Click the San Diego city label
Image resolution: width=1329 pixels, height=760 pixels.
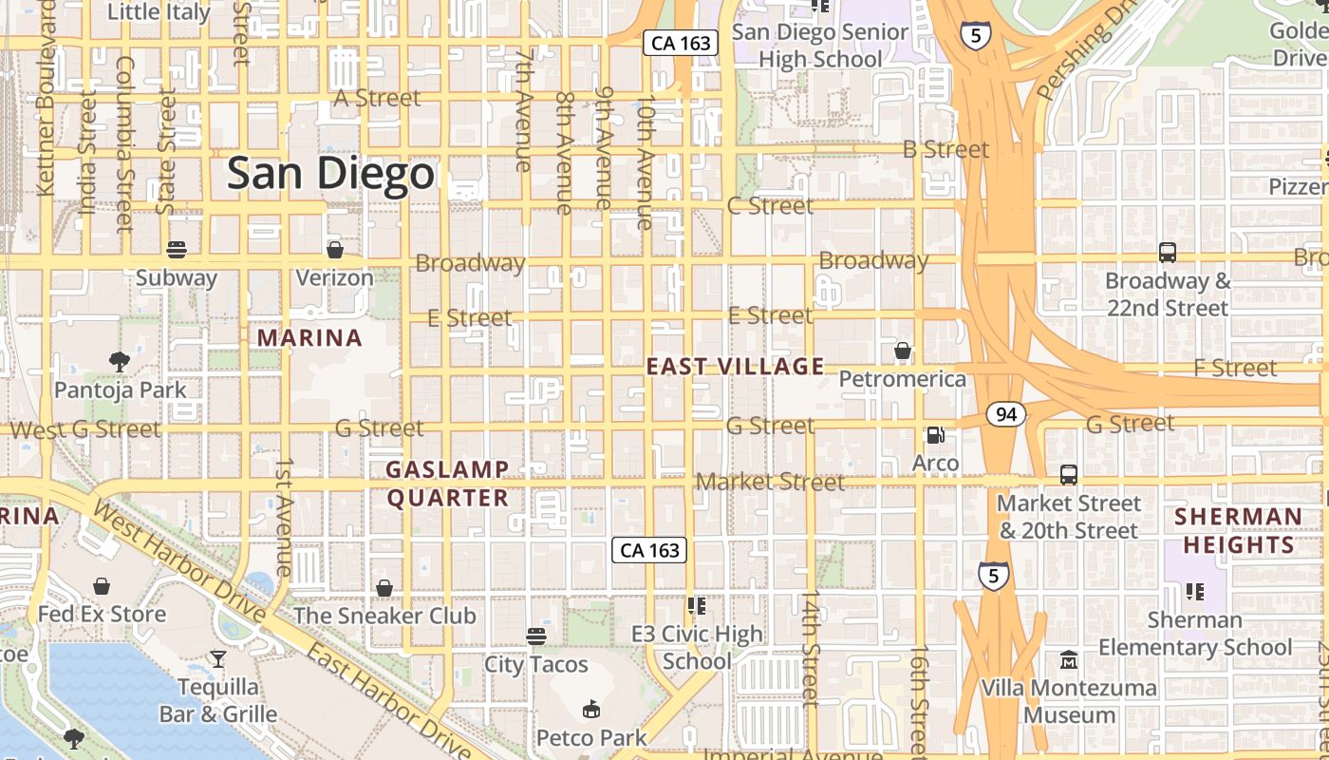(x=330, y=174)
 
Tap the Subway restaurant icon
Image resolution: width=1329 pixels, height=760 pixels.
(x=176, y=250)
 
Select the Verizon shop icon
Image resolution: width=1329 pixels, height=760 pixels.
(x=334, y=250)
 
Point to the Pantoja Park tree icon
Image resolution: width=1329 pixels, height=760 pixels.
(x=119, y=361)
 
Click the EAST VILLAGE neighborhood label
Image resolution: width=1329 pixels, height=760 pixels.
(x=735, y=366)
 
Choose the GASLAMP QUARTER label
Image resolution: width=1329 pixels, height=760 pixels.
(x=447, y=484)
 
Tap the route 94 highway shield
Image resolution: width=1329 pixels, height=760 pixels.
(x=1005, y=414)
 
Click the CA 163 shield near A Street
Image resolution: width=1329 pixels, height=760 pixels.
(x=680, y=43)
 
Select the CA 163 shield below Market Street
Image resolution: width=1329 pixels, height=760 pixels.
(x=648, y=550)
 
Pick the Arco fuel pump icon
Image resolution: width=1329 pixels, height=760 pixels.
(x=935, y=435)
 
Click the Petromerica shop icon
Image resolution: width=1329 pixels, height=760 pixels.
(x=902, y=351)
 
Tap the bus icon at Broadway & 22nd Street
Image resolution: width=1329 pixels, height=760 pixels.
(x=1167, y=253)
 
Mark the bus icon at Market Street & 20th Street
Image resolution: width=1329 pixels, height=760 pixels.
(x=1068, y=474)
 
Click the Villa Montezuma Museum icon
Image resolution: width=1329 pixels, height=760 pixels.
(x=1069, y=659)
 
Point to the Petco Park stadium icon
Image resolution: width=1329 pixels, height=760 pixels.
(x=590, y=709)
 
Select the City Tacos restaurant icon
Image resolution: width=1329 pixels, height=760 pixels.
(x=536, y=636)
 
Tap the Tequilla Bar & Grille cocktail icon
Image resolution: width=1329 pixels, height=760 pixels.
(x=217, y=658)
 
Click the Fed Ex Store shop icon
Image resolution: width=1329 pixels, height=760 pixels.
(x=101, y=586)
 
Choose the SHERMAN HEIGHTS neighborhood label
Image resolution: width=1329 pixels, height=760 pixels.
(x=1238, y=530)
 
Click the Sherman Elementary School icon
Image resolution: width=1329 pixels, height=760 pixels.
(x=1194, y=592)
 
